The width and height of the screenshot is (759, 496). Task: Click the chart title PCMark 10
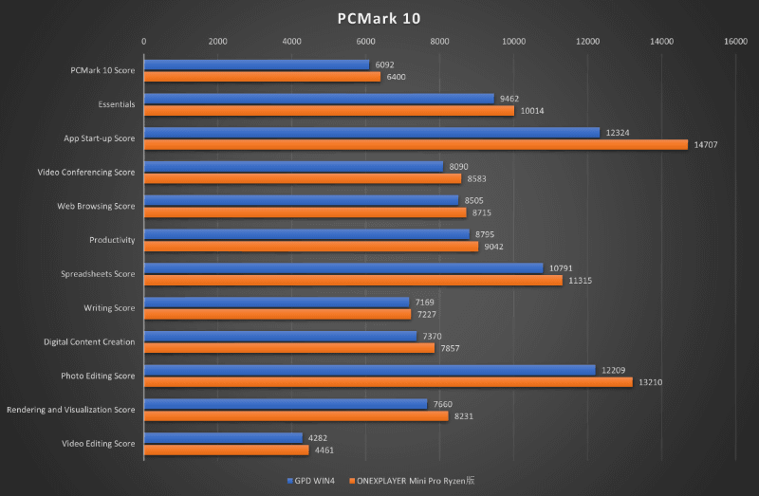coord(379,17)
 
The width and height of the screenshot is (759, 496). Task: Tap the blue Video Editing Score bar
coord(222,437)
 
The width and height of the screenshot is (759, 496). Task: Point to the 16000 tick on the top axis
coord(734,41)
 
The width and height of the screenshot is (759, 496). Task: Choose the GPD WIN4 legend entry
coord(314,481)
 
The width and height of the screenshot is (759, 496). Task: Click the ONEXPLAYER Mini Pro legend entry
coord(412,481)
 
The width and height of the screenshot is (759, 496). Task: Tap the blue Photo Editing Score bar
coord(369,370)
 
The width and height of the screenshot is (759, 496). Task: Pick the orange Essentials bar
coord(328,110)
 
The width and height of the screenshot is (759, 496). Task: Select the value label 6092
coord(385,64)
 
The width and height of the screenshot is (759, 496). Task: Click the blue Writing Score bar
coord(276,302)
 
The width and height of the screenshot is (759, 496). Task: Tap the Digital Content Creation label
coord(89,341)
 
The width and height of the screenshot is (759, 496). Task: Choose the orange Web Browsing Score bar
coord(305,212)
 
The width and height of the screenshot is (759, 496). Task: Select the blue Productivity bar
coord(306,234)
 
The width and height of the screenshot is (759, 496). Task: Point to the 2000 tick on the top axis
coord(217,41)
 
